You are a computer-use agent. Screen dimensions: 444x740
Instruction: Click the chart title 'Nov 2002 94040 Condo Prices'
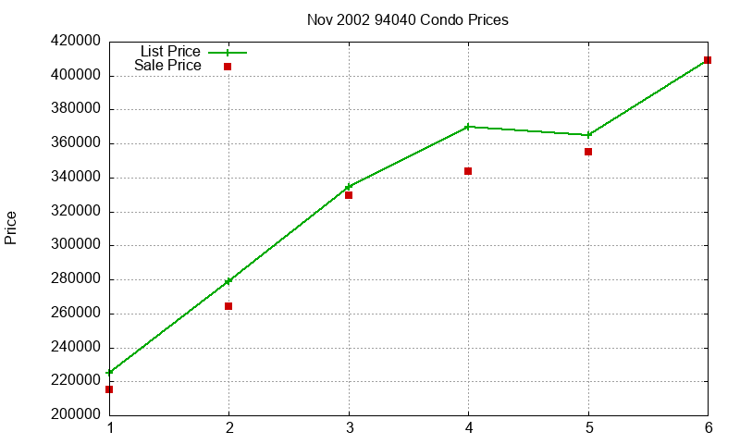[408, 19]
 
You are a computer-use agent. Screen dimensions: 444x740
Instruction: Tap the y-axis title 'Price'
[11, 228]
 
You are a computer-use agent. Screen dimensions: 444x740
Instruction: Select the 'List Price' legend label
[170, 52]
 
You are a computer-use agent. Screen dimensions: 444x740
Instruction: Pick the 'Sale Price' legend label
[167, 66]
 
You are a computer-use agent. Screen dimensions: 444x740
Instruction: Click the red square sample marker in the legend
[228, 67]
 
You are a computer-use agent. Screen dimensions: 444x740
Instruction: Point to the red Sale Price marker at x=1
[109, 389]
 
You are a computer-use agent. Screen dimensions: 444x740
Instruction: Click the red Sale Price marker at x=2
[228, 306]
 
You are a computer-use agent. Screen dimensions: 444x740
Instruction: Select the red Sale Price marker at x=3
[349, 195]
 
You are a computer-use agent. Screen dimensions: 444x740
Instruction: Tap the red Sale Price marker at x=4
[468, 171]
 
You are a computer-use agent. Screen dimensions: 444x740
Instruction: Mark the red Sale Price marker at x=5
[588, 152]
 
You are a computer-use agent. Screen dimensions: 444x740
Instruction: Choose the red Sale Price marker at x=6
[708, 60]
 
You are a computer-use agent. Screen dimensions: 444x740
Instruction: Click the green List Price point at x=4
[468, 127]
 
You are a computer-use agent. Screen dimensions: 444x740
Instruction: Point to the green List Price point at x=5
[588, 135]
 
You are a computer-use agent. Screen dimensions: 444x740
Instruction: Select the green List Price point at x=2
[228, 281]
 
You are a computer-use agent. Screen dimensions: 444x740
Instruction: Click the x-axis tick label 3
[349, 428]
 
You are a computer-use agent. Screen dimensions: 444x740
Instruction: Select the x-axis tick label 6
[708, 428]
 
